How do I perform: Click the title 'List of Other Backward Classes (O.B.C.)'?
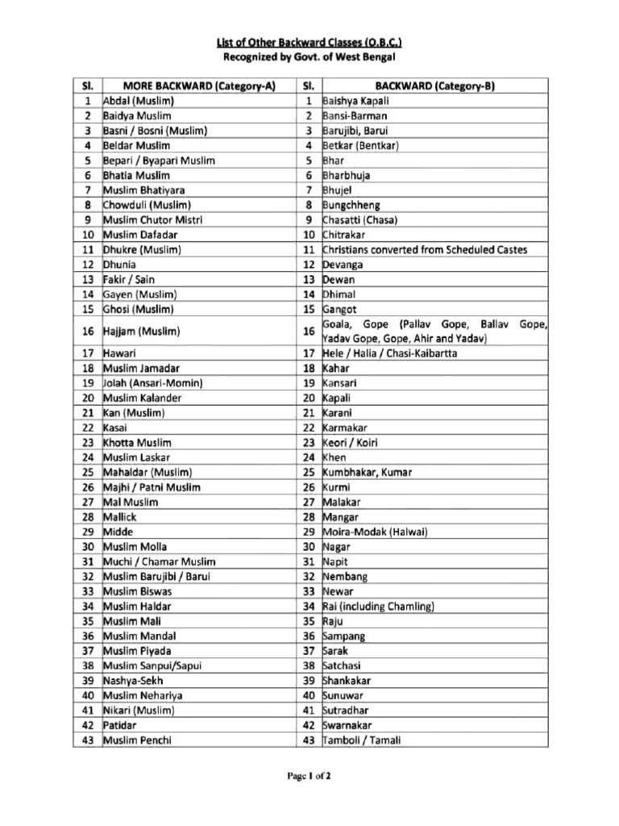pyautogui.click(x=309, y=41)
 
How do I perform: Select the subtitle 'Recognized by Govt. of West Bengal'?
pyautogui.click(x=309, y=57)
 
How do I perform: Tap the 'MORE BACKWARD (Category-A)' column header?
pyautogui.click(x=197, y=86)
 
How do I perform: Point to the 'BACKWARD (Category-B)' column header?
pyautogui.click(x=433, y=86)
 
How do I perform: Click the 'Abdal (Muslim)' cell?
pyautogui.click(x=139, y=102)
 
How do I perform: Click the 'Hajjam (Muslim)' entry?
pyautogui.click(x=142, y=331)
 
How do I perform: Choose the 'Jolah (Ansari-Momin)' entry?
pyautogui.click(x=152, y=383)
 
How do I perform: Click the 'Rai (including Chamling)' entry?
pyautogui.click(x=379, y=606)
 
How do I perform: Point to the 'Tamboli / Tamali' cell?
pyautogui.click(x=361, y=740)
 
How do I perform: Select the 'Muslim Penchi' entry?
pyautogui.click(x=137, y=740)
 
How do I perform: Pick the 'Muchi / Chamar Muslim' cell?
pyautogui.click(x=156, y=561)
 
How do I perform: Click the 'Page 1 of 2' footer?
pyautogui.click(x=309, y=777)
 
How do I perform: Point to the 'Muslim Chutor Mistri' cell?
pyautogui.click(x=152, y=220)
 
